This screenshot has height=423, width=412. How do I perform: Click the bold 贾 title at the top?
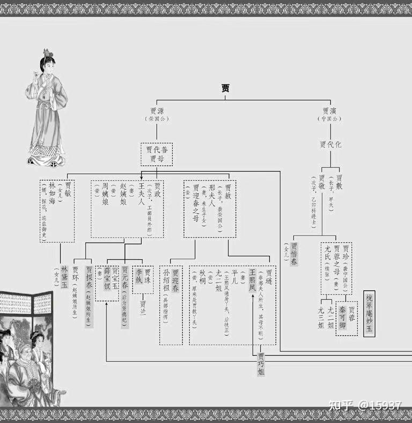tap(226, 89)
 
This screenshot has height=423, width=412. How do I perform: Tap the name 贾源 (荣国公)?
tap(157, 114)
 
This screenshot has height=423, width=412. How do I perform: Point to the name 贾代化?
tap(330, 145)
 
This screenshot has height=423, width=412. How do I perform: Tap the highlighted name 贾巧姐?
tap(261, 364)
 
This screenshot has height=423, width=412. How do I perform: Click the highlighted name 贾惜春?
tap(295, 254)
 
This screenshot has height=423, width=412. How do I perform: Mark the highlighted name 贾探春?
tap(89, 279)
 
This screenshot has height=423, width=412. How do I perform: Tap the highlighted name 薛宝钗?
tap(107, 279)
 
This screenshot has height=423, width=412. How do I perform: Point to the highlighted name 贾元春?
tap(125, 280)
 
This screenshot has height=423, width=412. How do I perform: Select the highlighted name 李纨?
tap(139, 277)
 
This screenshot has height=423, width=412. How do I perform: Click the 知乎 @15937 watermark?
tap(372, 405)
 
